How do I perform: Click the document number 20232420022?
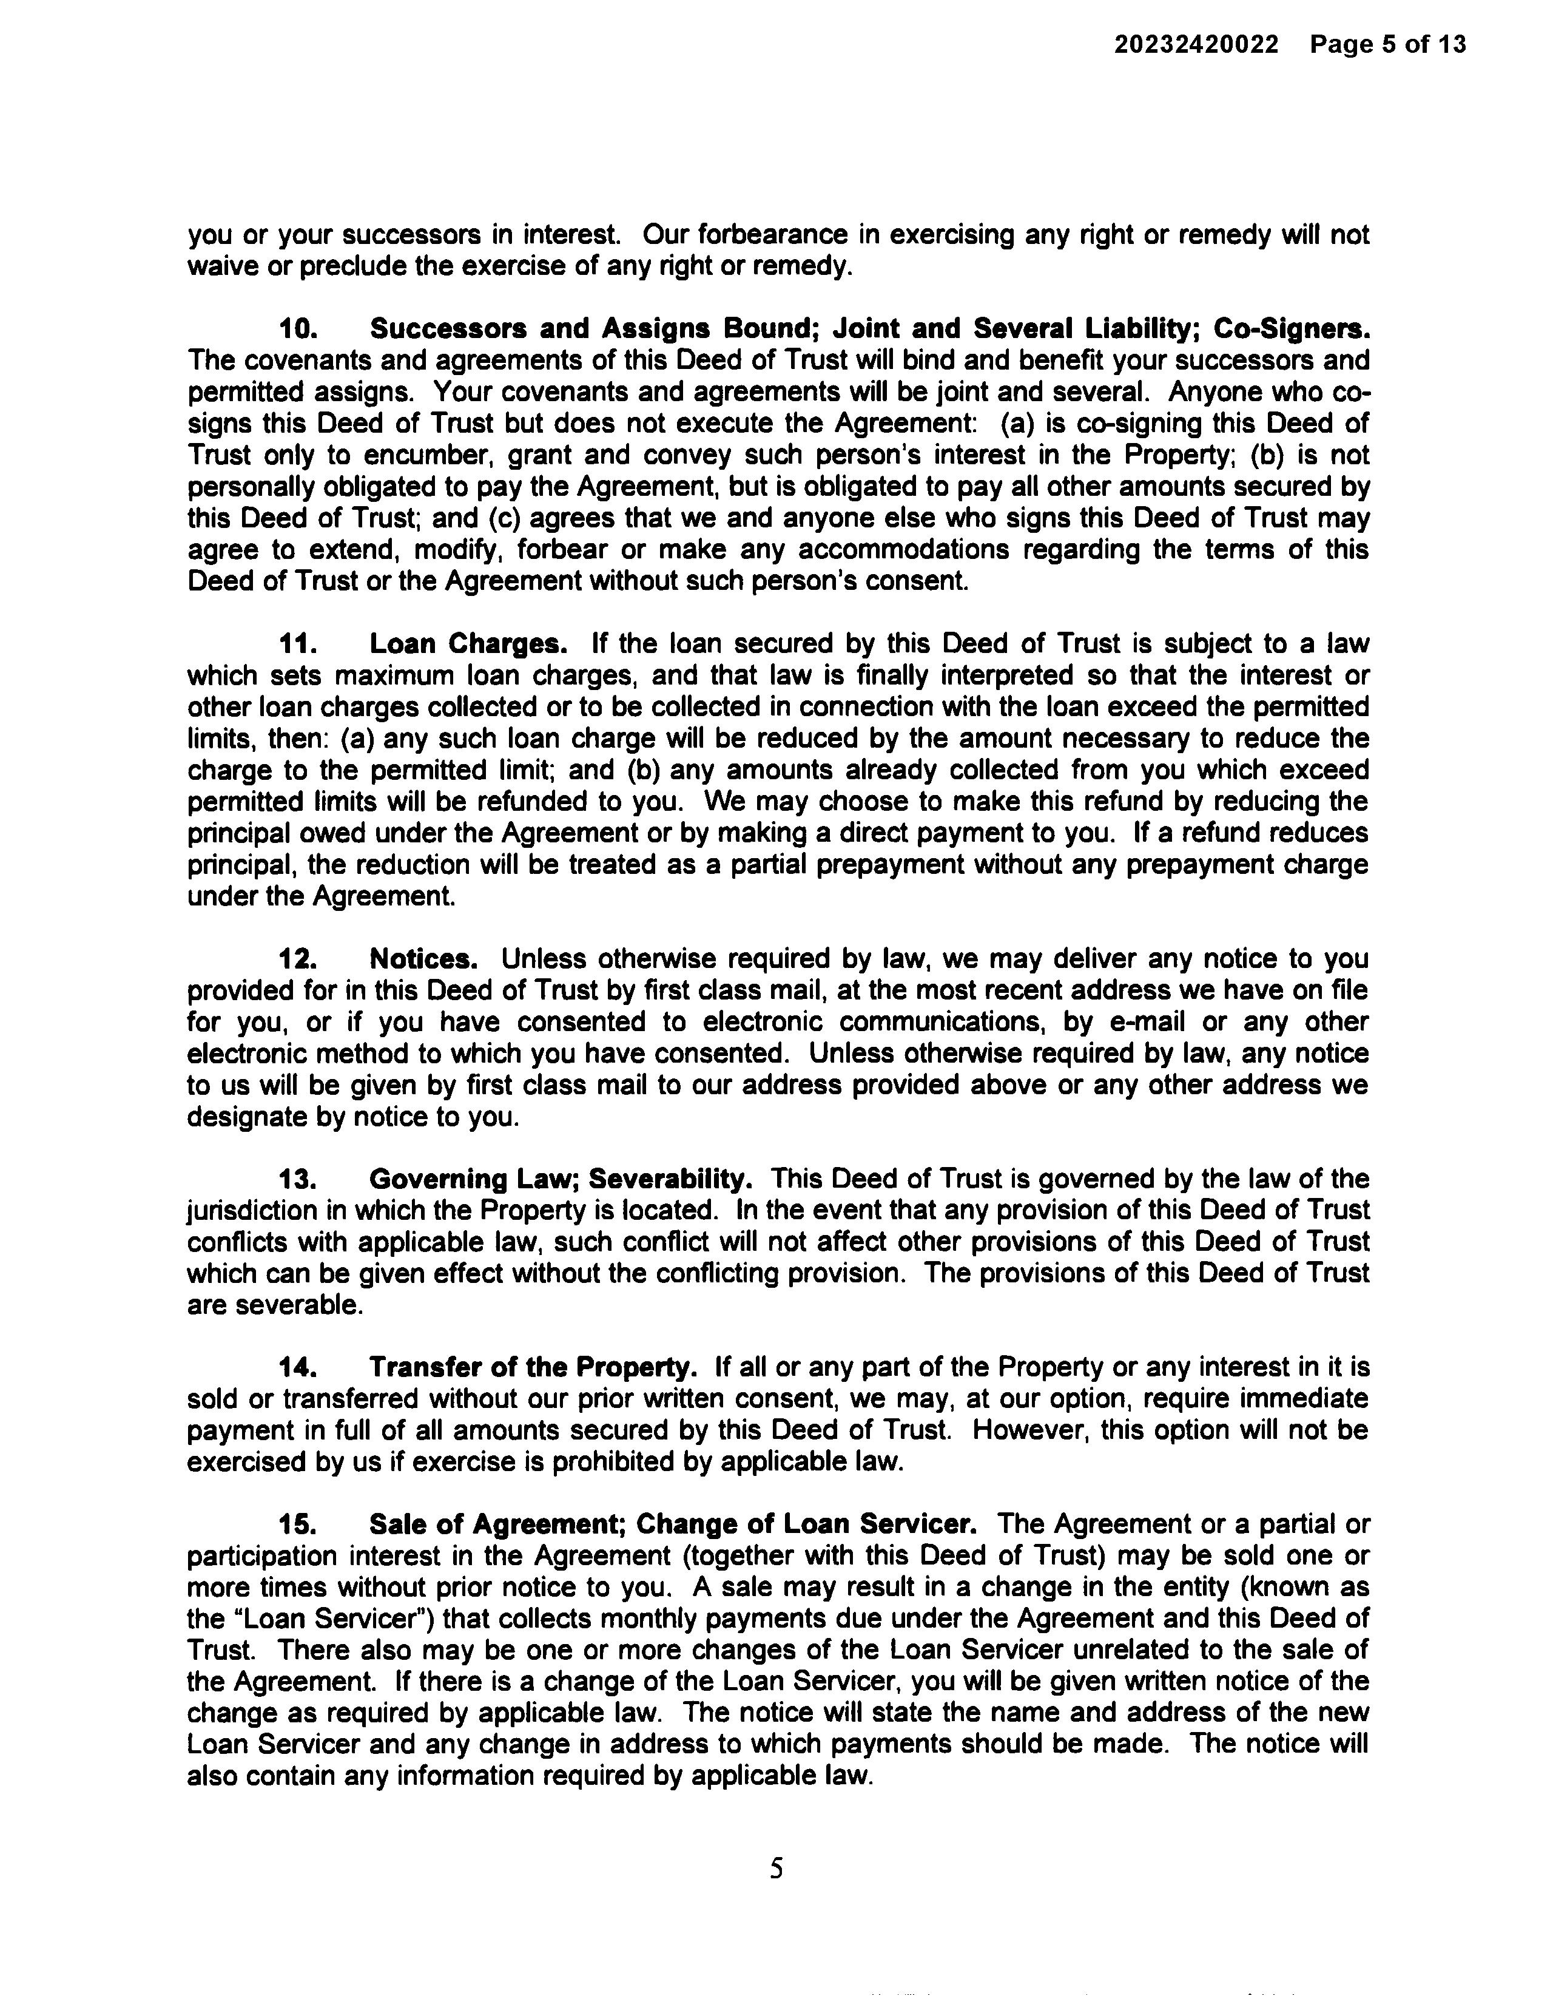click(1196, 44)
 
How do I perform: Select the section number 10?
click(298, 328)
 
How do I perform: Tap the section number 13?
click(298, 1179)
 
